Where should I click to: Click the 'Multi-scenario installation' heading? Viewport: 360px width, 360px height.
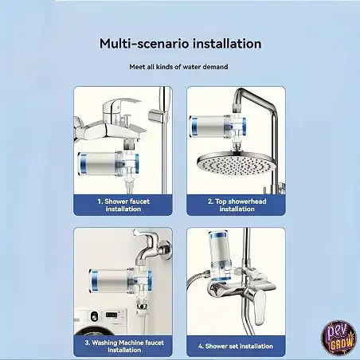[180, 44]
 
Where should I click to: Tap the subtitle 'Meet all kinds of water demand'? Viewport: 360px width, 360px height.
[178, 67]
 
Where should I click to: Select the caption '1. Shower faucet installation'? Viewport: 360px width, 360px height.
[123, 205]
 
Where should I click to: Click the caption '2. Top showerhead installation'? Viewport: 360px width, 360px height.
[237, 205]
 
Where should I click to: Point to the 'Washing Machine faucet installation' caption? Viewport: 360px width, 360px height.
[124, 346]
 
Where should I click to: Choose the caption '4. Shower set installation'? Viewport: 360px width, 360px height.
[236, 346]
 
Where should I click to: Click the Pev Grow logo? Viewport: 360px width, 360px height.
[338, 338]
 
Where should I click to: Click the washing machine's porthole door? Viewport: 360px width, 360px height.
[94, 331]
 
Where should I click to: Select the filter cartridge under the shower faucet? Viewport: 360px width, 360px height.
[108, 164]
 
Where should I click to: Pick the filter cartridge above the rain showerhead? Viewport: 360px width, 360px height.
[217, 127]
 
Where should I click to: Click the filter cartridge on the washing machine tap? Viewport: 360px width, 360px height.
[120, 281]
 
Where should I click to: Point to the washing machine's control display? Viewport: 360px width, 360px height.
[112, 315]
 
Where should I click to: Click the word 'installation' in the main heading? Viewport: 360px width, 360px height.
[227, 44]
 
